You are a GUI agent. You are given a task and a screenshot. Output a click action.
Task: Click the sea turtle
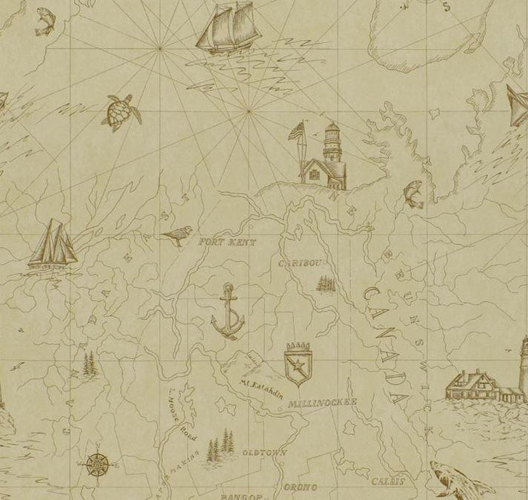click(120, 112)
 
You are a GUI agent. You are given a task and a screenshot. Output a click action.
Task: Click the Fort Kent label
click(227, 242)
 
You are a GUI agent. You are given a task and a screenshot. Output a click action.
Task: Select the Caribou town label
click(302, 263)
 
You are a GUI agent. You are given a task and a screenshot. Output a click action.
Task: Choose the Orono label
click(300, 487)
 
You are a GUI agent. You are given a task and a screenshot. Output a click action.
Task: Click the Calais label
click(386, 481)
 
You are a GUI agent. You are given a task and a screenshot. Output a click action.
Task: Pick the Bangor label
click(240, 497)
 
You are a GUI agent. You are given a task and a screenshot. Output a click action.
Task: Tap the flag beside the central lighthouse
click(296, 132)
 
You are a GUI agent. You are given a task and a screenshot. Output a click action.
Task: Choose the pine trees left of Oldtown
click(219, 445)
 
